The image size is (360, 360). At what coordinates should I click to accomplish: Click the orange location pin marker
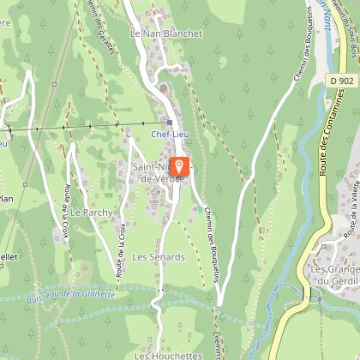tap(179, 166)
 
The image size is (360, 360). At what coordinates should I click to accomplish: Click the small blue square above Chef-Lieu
tap(169, 122)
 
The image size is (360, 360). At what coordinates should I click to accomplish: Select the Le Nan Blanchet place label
tap(165, 33)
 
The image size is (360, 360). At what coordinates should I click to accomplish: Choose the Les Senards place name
tap(158, 256)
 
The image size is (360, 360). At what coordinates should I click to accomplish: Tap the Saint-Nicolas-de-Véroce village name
tap(152, 171)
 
